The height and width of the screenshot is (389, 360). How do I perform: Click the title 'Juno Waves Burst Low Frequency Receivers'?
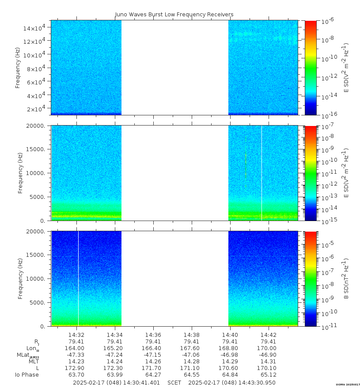point(174,15)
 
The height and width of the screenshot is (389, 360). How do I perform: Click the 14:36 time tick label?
point(153,335)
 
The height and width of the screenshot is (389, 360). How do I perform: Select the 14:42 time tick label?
point(269,335)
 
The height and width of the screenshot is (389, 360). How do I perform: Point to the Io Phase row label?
point(27,375)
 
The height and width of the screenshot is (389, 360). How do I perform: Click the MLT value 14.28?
point(191,361)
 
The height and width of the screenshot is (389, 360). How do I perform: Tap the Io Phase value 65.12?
point(269,375)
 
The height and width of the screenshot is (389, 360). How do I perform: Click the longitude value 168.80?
point(230,348)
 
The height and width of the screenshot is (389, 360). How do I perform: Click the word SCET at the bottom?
point(174,382)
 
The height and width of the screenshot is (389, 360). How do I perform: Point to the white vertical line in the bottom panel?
point(78,278)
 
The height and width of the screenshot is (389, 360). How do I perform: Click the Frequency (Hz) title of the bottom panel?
point(20,279)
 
